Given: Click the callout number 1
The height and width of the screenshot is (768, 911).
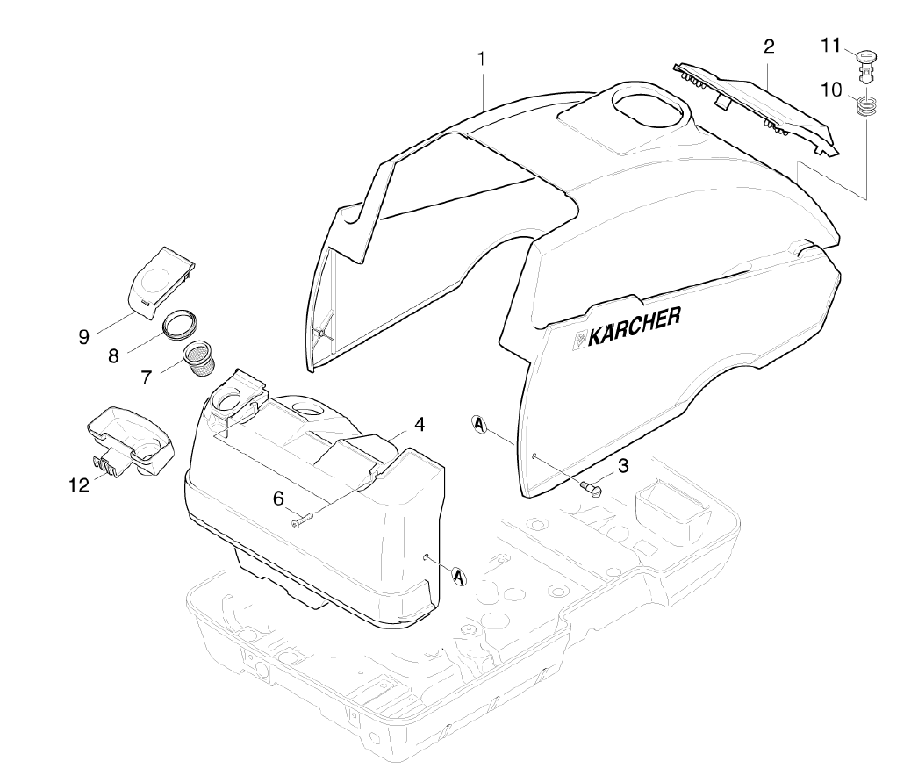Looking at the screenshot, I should click(x=481, y=59).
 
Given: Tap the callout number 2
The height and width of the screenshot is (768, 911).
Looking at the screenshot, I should click(x=769, y=47).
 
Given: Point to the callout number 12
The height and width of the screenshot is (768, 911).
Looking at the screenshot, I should click(x=80, y=484).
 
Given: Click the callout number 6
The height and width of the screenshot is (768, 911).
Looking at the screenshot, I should click(x=278, y=498).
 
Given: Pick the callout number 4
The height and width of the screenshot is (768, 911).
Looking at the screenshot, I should click(x=420, y=424).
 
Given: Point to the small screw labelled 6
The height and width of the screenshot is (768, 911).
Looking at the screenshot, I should click(x=302, y=521).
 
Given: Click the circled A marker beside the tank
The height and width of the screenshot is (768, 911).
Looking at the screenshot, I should click(x=458, y=576).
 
